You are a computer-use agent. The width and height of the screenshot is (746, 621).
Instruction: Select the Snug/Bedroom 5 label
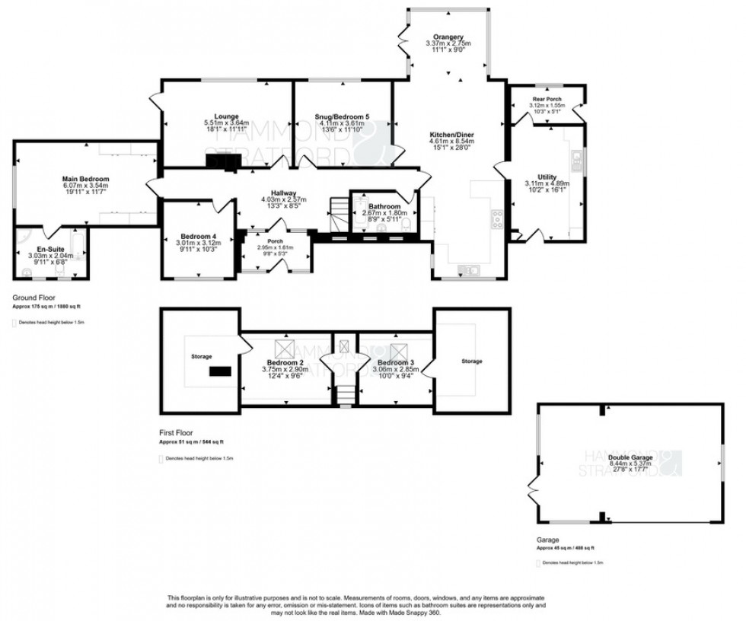click(x=343, y=116)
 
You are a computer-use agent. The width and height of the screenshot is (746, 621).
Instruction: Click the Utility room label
click(x=547, y=177)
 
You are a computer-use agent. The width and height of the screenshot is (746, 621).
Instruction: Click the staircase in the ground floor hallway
click(x=338, y=214)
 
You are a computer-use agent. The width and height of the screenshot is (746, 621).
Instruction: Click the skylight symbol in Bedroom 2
click(x=285, y=348)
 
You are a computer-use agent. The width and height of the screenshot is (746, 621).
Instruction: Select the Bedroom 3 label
click(x=394, y=362)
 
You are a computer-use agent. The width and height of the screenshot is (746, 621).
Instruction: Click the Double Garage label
click(x=631, y=457)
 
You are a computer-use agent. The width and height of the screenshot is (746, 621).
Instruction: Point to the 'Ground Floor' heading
click(x=33, y=298)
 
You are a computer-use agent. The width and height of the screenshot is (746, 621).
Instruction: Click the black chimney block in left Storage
click(x=221, y=371)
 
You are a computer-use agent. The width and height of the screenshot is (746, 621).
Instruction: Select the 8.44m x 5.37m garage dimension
click(x=631, y=464)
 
